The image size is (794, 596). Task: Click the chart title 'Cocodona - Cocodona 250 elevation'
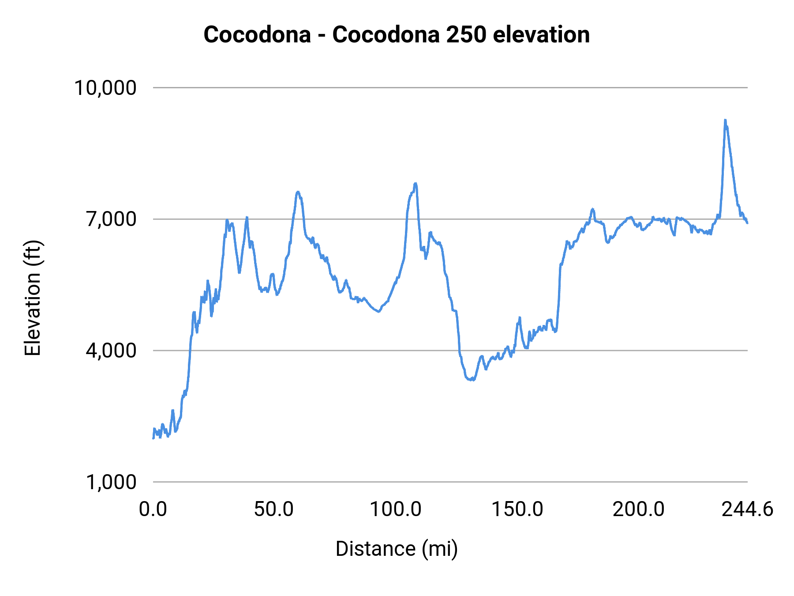coord(396,34)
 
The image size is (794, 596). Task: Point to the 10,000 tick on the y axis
coord(105,88)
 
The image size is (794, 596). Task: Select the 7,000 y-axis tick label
coord(111,219)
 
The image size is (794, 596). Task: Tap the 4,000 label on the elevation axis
coord(111,351)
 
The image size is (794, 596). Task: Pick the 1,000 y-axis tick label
coord(111,482)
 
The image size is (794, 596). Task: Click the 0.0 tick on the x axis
coord(153,509)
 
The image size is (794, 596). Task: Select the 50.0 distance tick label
coord(274,509)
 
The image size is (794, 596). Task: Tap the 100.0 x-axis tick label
coord(395,509)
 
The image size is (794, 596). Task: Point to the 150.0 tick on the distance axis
coord(517,509)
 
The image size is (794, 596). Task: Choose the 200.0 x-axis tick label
coord(638,509)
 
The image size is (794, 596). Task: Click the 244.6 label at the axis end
coord(747,509)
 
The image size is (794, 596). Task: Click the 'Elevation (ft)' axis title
coord(33,298)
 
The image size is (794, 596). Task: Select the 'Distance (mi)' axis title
coord(397,549)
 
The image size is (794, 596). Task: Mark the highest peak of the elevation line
coord(725,120)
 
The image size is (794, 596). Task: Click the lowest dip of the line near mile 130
coord(472,379)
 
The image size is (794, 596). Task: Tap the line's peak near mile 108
coord(415,183)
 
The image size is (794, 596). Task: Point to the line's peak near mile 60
coord(298,192)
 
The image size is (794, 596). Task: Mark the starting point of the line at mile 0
coord(154,438)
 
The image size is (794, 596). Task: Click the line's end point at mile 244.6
coord(747,223)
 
